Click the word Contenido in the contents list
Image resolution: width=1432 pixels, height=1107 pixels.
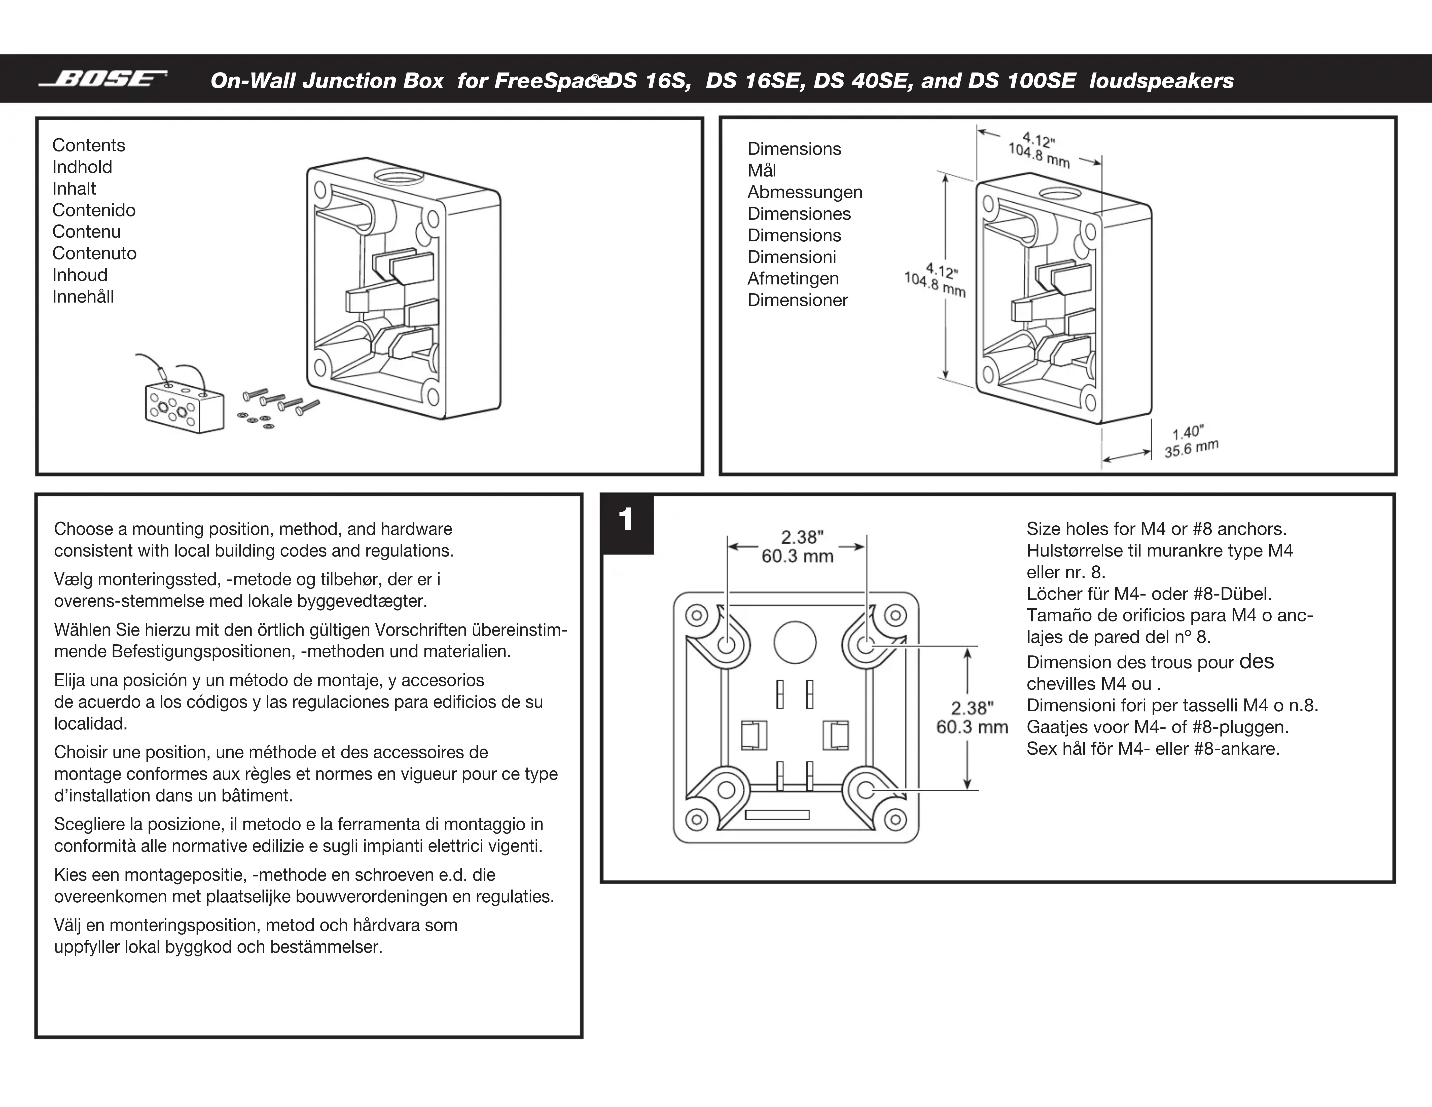pos(94,210)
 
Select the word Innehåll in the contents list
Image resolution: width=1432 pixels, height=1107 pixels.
pos(83,297)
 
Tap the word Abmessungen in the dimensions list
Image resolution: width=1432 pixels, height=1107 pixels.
pos(805,192)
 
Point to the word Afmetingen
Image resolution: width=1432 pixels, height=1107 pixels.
pos(793,279)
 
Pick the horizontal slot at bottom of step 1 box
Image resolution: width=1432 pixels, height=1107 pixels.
pos(777,815)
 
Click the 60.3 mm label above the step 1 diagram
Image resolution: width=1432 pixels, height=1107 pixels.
pos(797,557)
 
